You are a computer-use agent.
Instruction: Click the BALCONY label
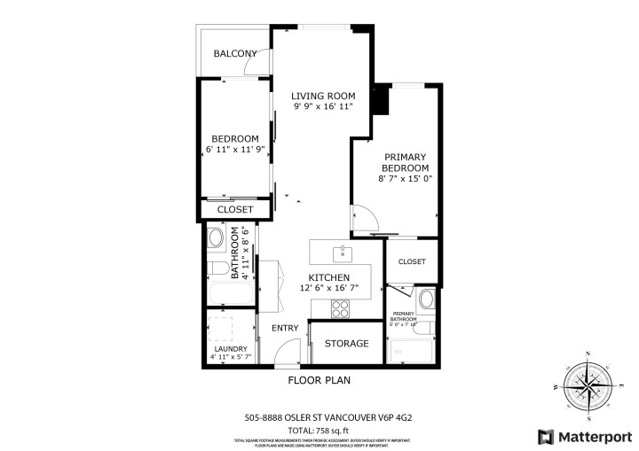235,53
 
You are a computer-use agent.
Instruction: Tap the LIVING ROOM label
324,96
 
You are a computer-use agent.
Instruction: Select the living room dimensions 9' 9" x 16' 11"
324,106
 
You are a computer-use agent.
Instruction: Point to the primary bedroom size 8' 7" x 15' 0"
405,178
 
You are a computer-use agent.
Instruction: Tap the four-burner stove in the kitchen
341,308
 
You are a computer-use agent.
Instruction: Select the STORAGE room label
346,344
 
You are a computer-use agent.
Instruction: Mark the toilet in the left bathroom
216,268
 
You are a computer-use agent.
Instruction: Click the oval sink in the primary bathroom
427,299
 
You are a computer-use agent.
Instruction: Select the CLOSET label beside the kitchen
412,262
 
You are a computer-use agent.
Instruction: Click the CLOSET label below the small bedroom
235,210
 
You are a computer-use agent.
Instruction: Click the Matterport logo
582,436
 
